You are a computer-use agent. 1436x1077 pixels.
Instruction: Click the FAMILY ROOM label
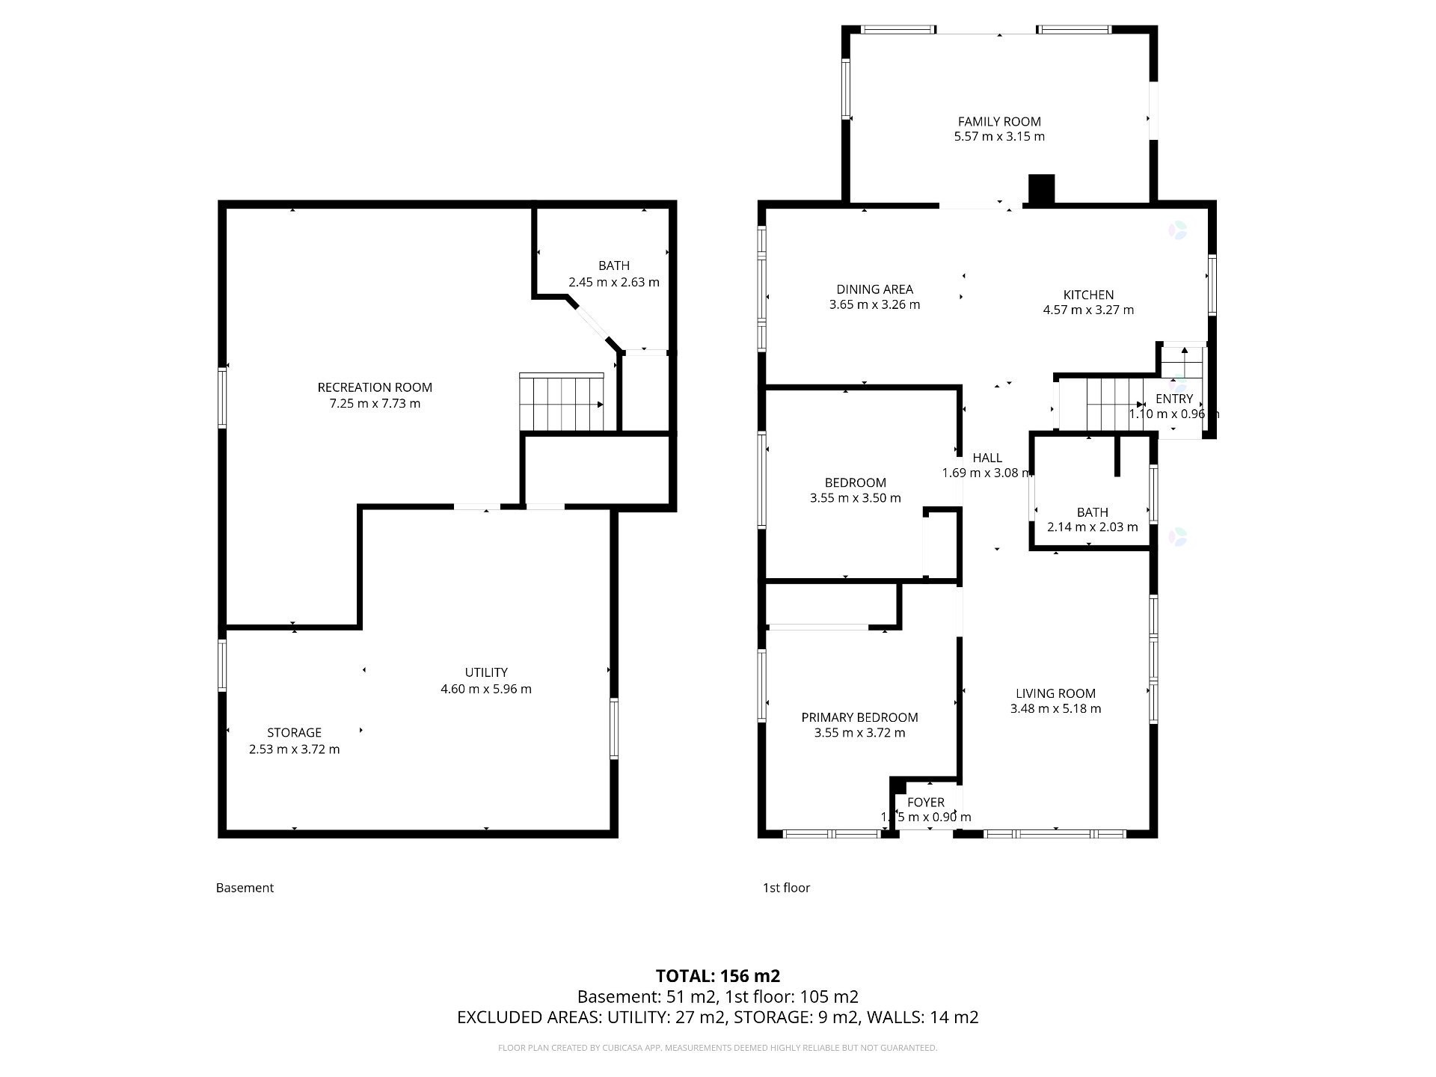(x=999, y=121)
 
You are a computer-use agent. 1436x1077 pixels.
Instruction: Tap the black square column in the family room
(x=1041, y=188)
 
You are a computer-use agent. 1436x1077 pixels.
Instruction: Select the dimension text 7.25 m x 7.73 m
(x=375, y=404)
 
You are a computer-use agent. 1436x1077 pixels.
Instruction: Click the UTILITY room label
(x=486, y=672)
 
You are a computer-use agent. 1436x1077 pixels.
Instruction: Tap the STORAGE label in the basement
(x=294, y=732)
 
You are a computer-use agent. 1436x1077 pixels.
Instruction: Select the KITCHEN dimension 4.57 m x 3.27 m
(x=1088, y=310)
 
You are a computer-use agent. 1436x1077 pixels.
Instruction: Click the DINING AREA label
(x=874, y=289)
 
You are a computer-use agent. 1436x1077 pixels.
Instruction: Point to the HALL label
(x=987, y=458)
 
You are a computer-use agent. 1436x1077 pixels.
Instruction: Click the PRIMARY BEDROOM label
(x=859, y=717)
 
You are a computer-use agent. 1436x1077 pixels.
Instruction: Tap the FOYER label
(x=926, y=803)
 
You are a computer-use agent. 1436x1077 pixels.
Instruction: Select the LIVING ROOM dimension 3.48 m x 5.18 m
(x=1055, y=709)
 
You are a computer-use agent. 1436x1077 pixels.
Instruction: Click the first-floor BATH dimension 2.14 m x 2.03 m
(x=1092, y=527)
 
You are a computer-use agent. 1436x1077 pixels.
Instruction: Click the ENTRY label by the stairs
(x=1173, y=399)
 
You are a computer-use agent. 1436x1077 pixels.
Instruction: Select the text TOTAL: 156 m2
(x=717, y=976)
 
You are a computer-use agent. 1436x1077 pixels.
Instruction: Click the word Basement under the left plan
(x=245, y=888)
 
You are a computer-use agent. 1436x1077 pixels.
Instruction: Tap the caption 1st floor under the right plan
(x=786, y=888)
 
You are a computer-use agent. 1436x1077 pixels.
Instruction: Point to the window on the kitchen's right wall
(x=1212, y=284)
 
